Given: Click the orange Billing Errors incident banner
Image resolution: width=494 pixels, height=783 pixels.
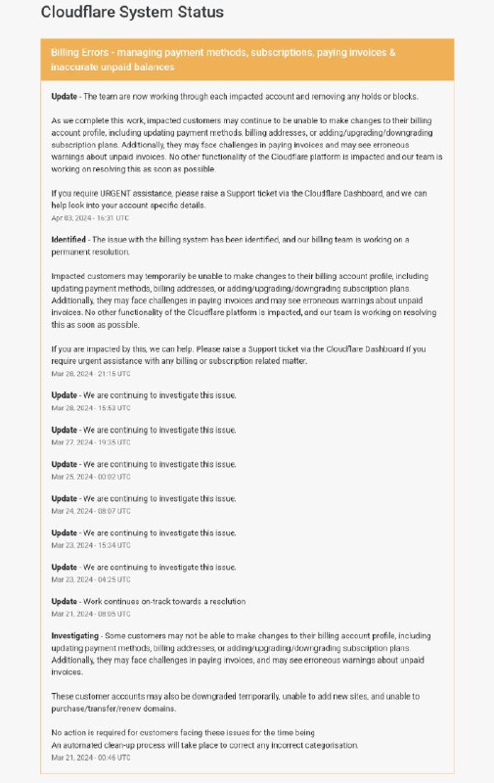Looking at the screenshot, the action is [x=247, y=59].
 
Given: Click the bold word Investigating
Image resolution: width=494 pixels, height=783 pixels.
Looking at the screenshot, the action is [x=75, y=635].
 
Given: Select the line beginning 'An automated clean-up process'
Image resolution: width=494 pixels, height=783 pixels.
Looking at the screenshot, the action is [x=204, y=745].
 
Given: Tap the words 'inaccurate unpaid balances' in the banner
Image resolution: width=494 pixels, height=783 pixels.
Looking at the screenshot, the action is [x=113, y=68].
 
